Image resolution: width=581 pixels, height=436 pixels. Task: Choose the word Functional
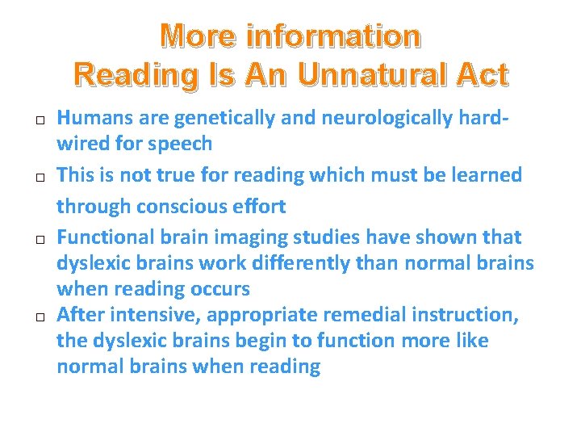pyautogui.click(x=105, y=237)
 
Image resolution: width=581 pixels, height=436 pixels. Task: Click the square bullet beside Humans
pyautogui.click(x=39, y=120)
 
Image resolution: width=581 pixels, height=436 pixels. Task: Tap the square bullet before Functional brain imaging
pyautogui.click(x=39, y=240)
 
